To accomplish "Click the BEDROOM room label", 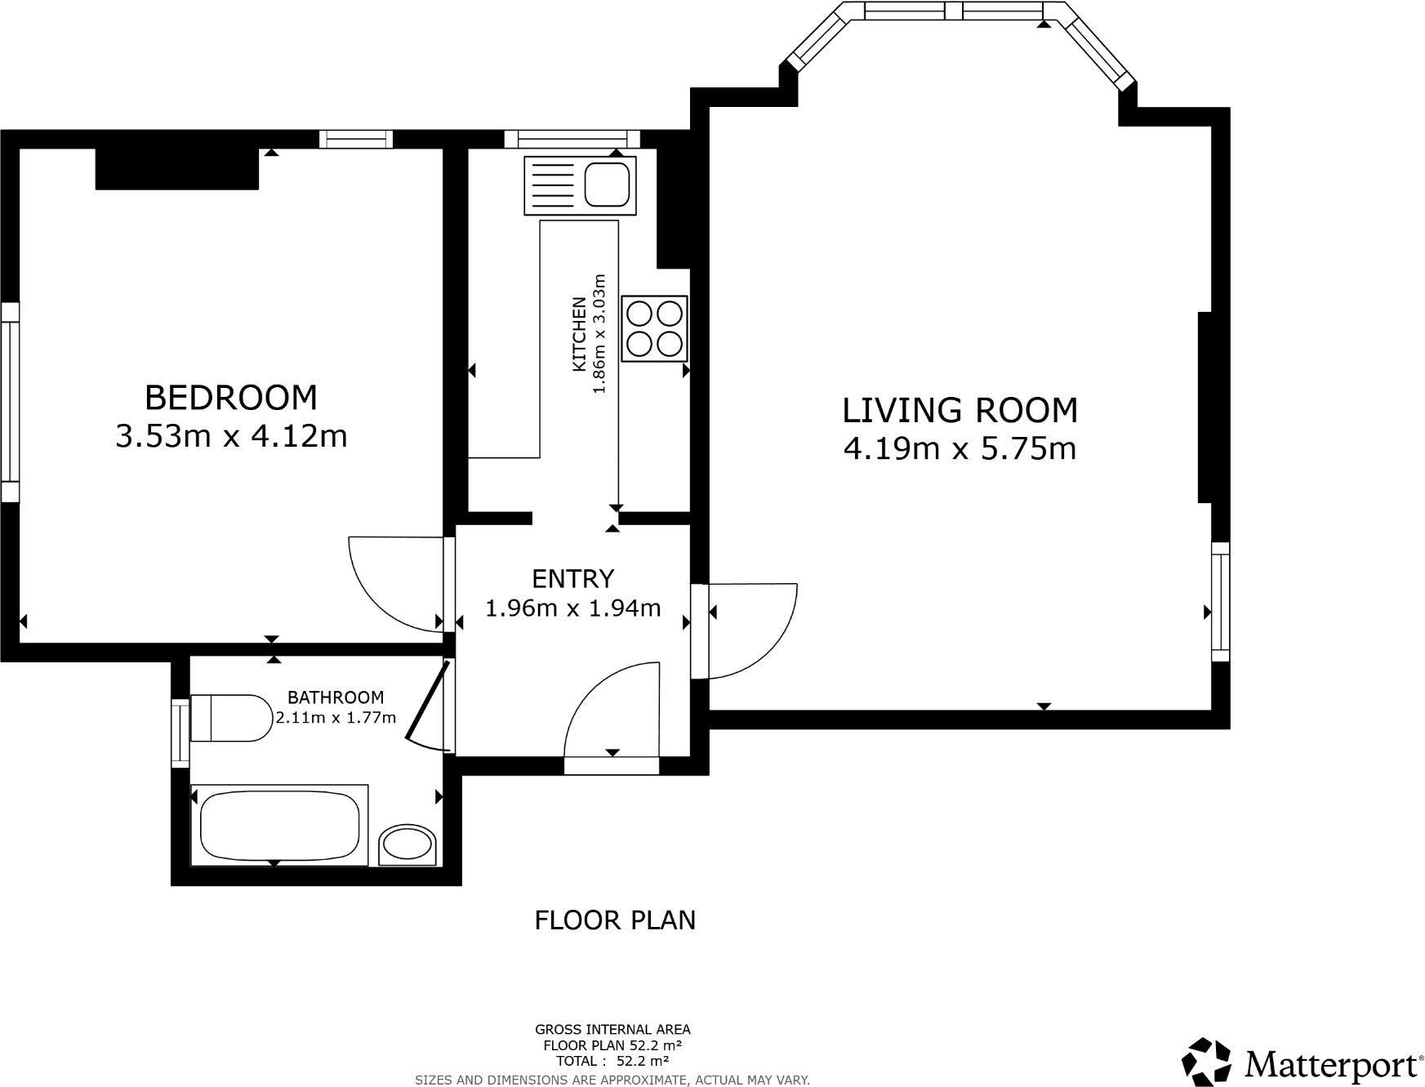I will [x=231, y=398].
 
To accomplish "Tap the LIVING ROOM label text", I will [x=960, y=410].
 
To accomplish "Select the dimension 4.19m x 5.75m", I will [x=960, y=448].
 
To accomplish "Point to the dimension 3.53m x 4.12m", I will [x=231, y=436].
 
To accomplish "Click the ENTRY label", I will [x=572, y=578].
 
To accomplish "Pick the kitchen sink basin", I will [x=608, y=184].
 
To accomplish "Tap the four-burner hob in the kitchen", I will [x=654, y=328].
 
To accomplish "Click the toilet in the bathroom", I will [x=231, y=718].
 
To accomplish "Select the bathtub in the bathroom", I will [x=279, y=825].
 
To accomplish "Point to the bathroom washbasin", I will [x=407, y=844].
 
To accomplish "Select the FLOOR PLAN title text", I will [x=615, y=920].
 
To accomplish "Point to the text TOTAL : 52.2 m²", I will [x=612, y=1061].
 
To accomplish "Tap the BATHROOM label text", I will [x=336, y=697].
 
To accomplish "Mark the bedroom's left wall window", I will [x=10, y=402].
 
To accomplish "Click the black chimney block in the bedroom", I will [x=177, y=169].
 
